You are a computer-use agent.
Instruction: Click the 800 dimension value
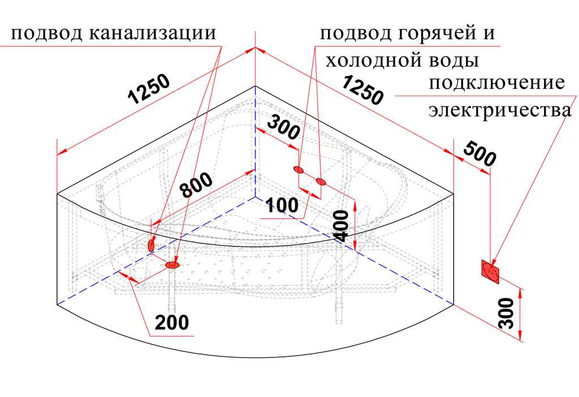tap(196, 185)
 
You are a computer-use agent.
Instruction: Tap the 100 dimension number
tap(282, 205)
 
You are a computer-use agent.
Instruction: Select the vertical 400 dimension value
tap(341, 226)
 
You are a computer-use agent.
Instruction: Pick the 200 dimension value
tap(172, 322)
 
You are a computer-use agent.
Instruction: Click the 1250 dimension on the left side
tap(149, 89)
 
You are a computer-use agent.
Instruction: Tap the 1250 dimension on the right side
tap(362, 90)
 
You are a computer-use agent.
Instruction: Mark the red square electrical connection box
tap(490, 271)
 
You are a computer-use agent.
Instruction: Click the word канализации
tap(153, 33)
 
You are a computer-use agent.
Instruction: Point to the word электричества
tap(500, 110)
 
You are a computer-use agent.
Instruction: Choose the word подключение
tap(496, 83)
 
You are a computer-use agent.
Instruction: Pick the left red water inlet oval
tap(299, 169)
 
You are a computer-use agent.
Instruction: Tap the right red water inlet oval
tap(321, 181)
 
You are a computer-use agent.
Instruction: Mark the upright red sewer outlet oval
tap(151, 245)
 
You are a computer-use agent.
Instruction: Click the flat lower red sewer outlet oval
tap(172, 265)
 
